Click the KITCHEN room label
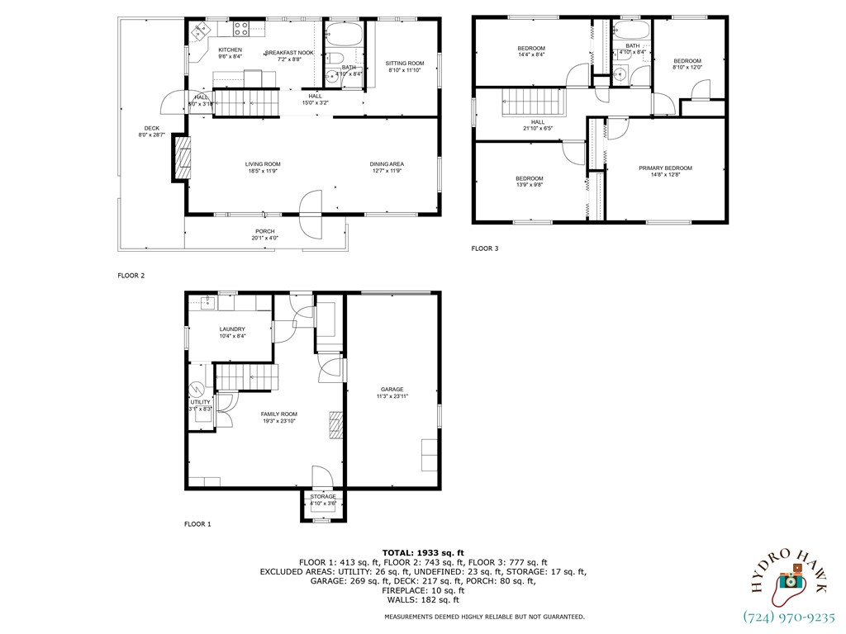coord(230,50)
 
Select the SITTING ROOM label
coord(405,64)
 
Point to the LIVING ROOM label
coord(263,164)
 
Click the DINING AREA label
coord(387,164)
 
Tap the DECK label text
coord(151,128)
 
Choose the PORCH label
coord(264,231)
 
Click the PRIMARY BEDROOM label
coord(665,168)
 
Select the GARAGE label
coord(392,390)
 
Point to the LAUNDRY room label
coord(232,329)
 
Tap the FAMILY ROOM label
coord(278,414)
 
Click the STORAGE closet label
coord(323,497)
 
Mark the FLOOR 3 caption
coord(485,248)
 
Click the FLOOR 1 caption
coord(197,523)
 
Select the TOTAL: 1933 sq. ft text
coord(423,552)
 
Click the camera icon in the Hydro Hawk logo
coord(791,580)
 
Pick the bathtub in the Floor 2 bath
coord(341,35)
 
